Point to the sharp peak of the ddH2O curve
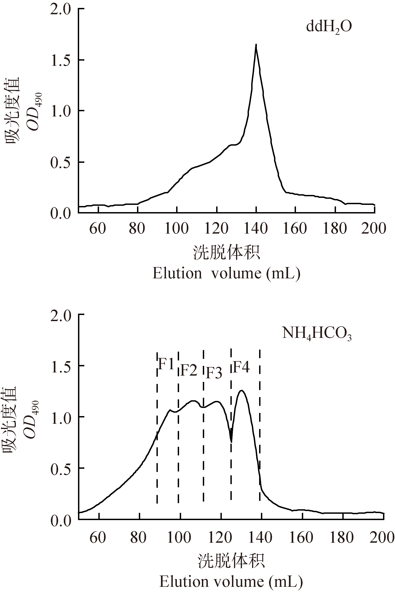coord(256,45)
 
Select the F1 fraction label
coord(166,364)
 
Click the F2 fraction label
coord(189,370)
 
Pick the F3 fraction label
coord(214,373)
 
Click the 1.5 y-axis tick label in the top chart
coord(60,60)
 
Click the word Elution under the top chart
coord(177,273)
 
